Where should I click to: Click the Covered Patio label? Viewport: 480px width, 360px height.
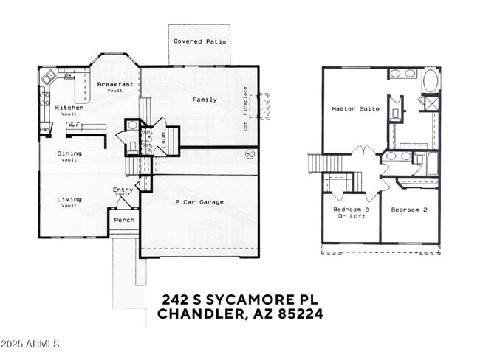point(199,41)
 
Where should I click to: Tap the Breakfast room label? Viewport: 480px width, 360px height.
point(115,85)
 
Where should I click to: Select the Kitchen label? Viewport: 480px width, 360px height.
point(69,108)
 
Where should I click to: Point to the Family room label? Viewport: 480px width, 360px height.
point(205,100)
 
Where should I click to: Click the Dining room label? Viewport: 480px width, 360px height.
point(69,154)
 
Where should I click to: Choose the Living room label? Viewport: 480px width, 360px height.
point(69,200)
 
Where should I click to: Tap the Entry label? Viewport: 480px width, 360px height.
point(123,190)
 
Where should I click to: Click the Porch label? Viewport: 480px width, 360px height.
point(123,219)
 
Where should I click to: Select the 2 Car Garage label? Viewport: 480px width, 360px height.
point(199,202)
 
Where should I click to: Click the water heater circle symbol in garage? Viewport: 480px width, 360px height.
point(249,155)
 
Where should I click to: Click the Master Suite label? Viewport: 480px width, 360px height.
point(355,109)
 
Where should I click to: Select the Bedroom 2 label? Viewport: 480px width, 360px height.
point(409,210)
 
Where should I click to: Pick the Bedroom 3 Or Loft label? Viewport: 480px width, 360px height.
point(351,213)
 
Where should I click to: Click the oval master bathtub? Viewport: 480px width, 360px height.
point(430,79)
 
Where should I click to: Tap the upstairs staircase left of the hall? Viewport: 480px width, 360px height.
point(315,162)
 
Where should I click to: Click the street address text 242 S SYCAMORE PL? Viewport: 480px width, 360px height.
point(239,300)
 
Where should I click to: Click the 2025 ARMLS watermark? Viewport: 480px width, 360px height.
point(30,345)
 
